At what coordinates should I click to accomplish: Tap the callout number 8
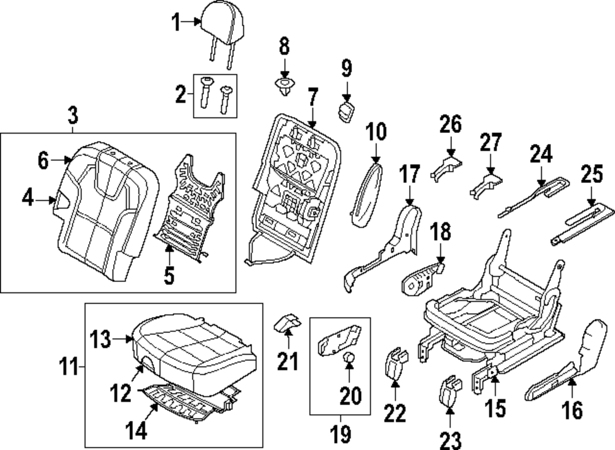tap(284, 46)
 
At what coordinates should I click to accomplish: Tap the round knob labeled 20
tap(348, 360)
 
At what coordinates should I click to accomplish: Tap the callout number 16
tap(573, 409)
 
